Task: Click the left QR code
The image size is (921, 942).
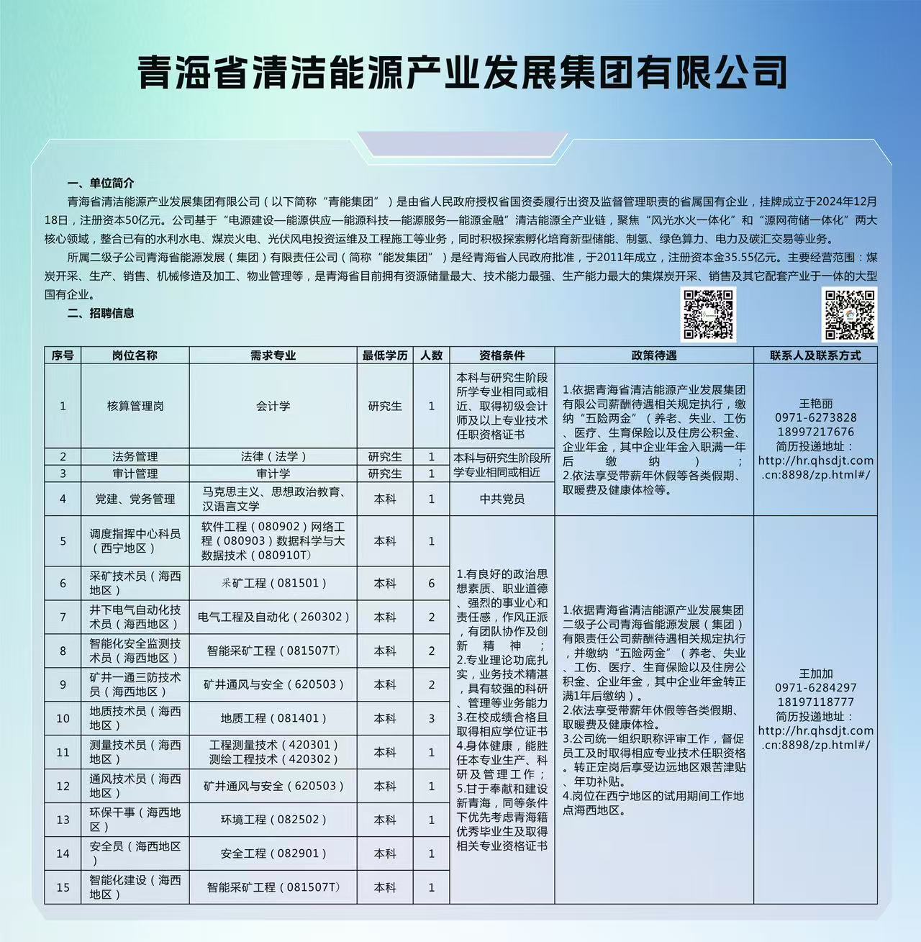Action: pos(708,314)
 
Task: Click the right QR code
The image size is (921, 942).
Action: pos(850,314)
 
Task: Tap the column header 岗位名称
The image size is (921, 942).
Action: pos(135,355)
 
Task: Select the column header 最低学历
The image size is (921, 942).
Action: pos(385,355)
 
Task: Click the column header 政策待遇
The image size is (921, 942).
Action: pos(653,355)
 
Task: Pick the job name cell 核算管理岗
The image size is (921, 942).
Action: pos(135,406)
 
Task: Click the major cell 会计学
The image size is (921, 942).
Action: pos(273,406)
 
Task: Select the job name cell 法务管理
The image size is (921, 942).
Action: pos(135,456)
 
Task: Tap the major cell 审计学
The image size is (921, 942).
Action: pos(273,474)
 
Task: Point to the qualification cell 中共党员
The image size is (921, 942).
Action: pos(502,499)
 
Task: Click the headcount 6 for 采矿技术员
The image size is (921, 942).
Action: pos(432,584)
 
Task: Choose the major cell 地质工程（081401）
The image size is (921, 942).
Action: pos(273,718)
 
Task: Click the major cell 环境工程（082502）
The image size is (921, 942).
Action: pos(273,820)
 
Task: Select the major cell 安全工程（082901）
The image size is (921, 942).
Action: pos(273,853)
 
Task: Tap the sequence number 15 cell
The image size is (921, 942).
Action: pos(63,887)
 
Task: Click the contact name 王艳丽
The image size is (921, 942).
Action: pos(815,404)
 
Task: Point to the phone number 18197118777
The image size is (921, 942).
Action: pos(815,702)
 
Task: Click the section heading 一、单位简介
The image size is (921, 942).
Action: pos(101,184)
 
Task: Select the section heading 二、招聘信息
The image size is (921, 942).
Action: pos(101,313)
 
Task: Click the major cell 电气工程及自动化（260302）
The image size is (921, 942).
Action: pos(273,617)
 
